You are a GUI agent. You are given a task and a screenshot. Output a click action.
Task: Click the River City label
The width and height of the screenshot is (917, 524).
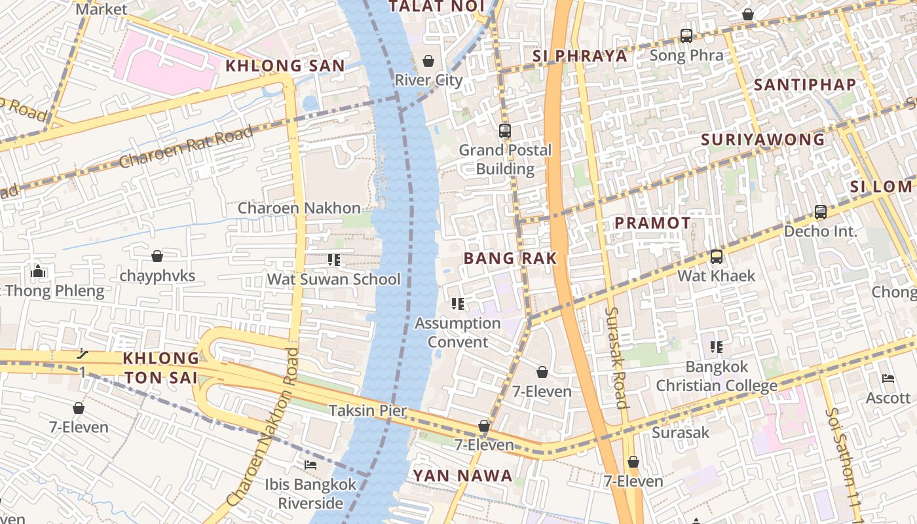(428, 80)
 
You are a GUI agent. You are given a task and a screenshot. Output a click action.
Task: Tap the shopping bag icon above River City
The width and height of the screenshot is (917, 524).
(428, 61)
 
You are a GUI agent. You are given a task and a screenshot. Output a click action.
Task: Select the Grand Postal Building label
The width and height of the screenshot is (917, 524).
(505, 159)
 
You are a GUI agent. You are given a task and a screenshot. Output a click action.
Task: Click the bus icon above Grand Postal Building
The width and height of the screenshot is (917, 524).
(504, 130)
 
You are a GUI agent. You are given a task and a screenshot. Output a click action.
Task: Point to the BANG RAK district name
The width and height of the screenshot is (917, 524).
(510, 258)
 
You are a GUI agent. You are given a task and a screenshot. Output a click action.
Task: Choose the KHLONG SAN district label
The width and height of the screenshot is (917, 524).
(285, 65)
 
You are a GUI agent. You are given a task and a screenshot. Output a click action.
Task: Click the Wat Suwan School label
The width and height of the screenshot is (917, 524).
(333, 279)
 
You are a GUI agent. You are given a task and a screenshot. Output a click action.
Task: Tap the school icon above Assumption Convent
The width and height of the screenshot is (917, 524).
(458, 303)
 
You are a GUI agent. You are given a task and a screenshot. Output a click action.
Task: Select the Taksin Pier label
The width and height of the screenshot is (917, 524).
(367, 411)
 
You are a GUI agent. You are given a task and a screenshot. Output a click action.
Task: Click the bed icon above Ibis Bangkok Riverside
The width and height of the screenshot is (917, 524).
(310, 465)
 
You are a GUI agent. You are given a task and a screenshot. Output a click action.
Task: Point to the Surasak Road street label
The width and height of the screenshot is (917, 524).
(617, 358)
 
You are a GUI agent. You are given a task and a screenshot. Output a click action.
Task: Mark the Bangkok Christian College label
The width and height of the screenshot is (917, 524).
(717, 376)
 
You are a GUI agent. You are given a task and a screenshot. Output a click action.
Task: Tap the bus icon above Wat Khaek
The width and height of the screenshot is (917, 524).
(717, 256)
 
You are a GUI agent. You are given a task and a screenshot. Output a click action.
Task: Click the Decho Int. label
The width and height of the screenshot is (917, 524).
(820, 231)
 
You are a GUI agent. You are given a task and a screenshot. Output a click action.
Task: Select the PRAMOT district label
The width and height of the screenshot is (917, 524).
(652, 223)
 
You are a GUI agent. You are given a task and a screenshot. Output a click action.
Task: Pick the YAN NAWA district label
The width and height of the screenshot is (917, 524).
(462, 476)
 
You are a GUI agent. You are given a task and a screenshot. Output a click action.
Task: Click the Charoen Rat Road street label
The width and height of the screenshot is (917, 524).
(187, 148)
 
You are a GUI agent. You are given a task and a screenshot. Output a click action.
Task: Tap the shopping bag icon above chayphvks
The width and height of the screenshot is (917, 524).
(157, 255)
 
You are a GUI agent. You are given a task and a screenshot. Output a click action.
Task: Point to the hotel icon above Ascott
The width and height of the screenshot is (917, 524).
(888, 379)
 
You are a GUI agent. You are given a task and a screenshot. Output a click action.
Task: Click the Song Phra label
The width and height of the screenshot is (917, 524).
(686, 55)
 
